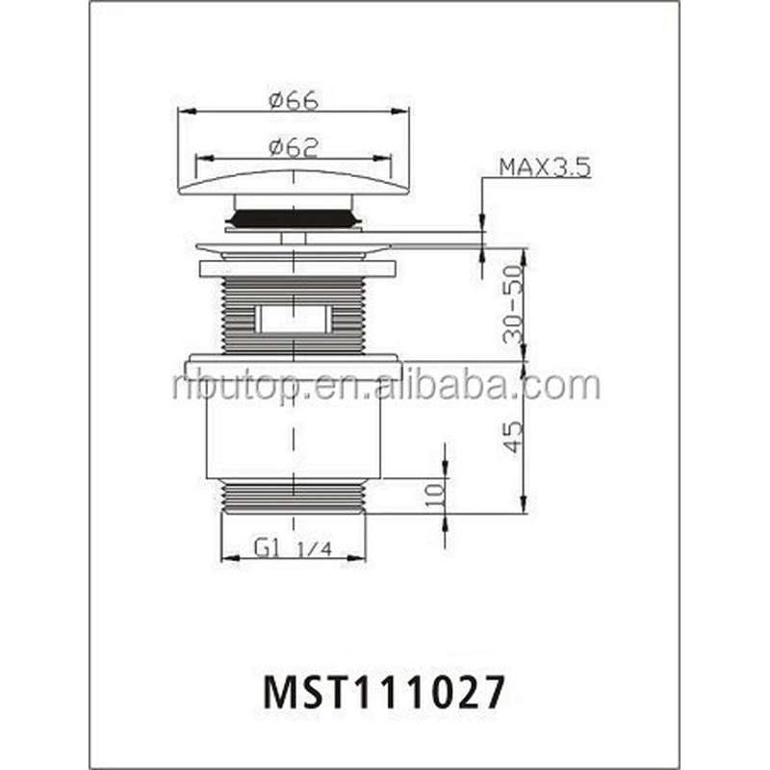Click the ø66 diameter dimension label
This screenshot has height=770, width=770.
(294, 100)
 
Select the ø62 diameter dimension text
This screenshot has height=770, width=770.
(294, 147)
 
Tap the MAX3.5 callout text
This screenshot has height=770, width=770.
(545, 167)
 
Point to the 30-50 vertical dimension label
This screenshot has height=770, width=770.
(513, 304)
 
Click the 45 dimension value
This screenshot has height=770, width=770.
(513, 437)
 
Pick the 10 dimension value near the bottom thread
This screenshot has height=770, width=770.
(435, 496)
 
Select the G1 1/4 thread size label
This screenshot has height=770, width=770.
(294, 547)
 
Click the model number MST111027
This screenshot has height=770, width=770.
(384, 691)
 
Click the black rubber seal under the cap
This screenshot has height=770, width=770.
(294, 218)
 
